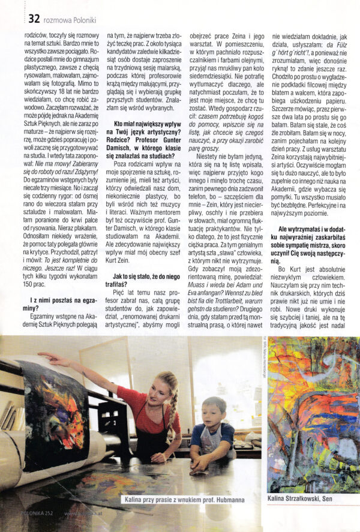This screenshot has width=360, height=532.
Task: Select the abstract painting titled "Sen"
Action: point(313,414)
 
